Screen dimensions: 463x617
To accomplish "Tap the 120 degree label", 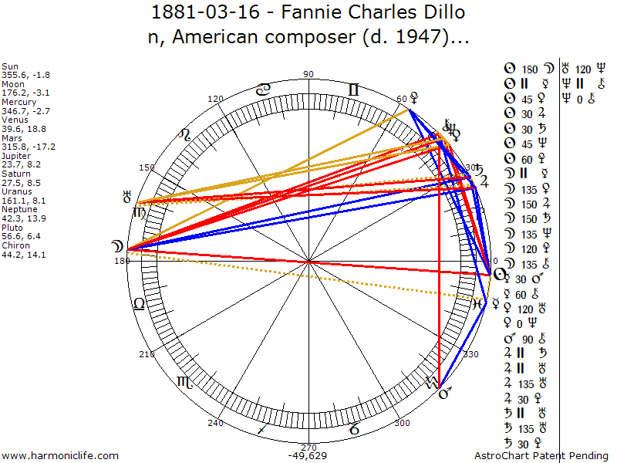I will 216,99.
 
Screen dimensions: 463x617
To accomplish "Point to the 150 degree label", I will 147,167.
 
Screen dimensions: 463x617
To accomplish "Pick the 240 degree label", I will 216,423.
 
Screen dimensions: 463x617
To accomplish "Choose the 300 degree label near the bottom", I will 401,423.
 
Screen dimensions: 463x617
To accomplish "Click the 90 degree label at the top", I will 308,74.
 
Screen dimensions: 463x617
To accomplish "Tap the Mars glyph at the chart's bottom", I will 444,394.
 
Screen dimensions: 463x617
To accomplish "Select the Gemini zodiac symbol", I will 353,90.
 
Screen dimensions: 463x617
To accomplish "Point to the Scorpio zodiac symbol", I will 186,381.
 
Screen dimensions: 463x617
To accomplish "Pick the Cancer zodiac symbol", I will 264,90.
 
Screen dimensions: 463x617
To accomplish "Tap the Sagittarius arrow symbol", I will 263,428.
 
